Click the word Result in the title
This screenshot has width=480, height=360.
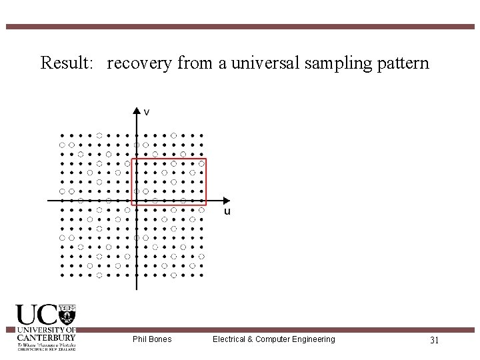[x=62, y=64]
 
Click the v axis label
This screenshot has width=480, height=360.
[x=147, y=112]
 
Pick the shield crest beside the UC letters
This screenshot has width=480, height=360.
[x=67, y=314]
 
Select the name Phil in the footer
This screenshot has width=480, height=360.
[x=141, y=339]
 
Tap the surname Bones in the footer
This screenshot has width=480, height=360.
[x=161, y=339]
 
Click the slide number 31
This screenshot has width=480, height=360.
[x=433, y=340]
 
